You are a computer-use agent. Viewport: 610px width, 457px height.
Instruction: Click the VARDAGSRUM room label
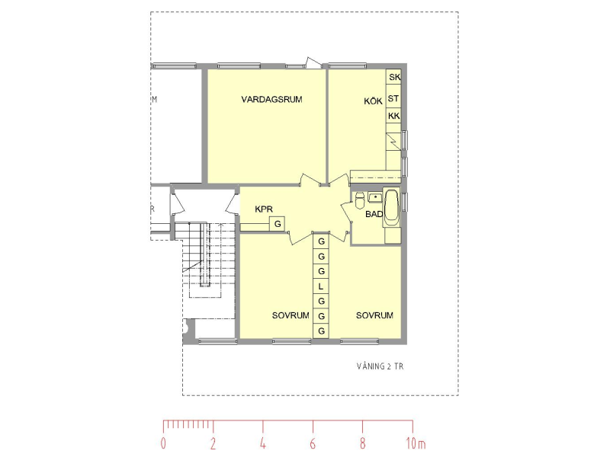(267, 99)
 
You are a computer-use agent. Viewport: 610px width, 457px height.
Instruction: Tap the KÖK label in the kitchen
(373, 101)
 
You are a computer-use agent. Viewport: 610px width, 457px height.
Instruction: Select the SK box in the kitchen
(394, 78)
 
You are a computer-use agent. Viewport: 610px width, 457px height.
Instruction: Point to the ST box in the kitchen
(394, 99)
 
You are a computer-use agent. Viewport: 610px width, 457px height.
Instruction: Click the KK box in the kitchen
(394, 116)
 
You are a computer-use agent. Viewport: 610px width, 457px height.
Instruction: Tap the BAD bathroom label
(374, 214)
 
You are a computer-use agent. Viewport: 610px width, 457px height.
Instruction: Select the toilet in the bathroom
(359, 201)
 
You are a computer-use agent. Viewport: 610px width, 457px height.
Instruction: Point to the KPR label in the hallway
(264, 209)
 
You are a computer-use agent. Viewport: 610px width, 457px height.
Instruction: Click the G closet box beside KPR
(278, 224)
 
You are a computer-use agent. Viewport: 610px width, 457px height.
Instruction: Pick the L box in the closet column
(321, 286)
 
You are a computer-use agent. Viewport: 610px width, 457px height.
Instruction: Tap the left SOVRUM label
(291, 315)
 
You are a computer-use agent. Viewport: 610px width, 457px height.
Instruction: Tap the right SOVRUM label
(374, 315)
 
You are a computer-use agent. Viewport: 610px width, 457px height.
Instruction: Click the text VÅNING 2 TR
(380, 366)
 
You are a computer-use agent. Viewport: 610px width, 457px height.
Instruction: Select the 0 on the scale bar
(163, 444)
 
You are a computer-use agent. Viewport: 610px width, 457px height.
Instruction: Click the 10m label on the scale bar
(416, 444)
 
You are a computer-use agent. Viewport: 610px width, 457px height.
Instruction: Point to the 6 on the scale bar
(313, 444)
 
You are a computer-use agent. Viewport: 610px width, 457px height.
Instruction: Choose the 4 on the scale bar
(263, 444)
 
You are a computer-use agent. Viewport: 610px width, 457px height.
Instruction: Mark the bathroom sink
(374, 198)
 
